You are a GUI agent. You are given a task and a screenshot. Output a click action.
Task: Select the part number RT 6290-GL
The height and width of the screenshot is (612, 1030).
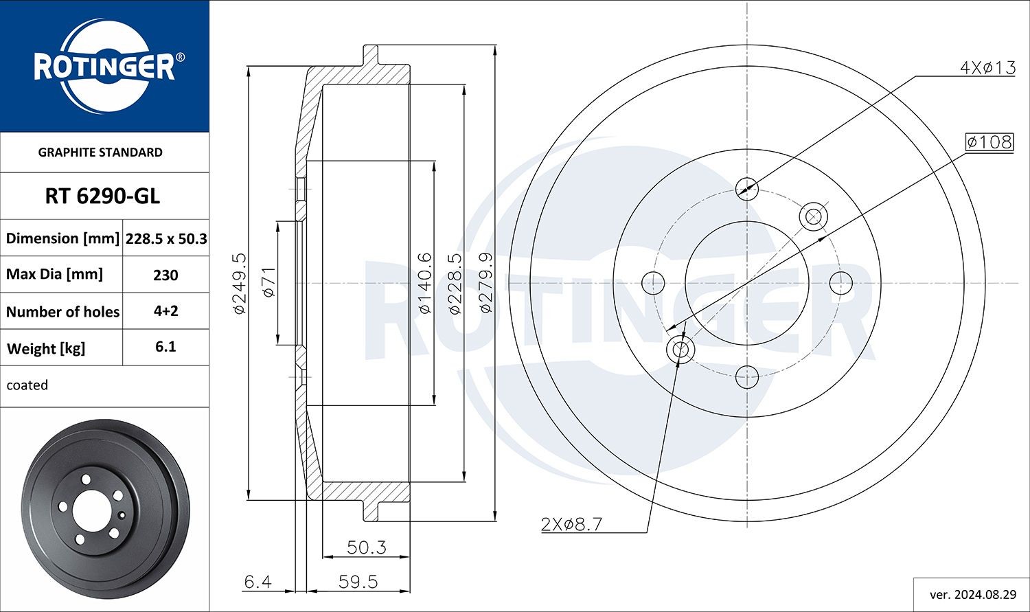pyautogui.click(x=102, y=196)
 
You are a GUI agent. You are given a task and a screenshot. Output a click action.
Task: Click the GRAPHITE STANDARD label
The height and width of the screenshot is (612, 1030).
pyautogui.click(x=100, y=152)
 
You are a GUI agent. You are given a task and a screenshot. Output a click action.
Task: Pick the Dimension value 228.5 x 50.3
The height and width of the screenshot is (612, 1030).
pyautogui.click(x=166, y=239)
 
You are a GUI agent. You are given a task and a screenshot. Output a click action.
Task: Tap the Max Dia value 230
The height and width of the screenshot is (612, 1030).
pyautogui.click(x=165, y=275)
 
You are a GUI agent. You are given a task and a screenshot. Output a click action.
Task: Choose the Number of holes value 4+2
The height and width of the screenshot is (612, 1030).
pyautogui.click(x=165, y=311)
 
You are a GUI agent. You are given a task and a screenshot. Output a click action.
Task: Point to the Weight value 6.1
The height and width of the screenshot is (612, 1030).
pyautogui.click(x=165, y=347)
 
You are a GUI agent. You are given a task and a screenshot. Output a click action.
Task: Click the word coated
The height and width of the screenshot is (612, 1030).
pyautogui.click(x=27, y=385)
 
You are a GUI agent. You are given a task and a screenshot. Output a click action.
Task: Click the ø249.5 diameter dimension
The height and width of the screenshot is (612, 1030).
pyautogui.click(x=239, y=283)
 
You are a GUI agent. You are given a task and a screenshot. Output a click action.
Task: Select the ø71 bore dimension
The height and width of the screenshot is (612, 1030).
pyautogui.click(x=268, y=282)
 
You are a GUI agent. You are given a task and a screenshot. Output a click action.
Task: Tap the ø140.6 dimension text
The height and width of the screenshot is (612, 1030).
pyautogui.click(x=424, y=283)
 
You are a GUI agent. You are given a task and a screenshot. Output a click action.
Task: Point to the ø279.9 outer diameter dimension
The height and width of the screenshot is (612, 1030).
pyautogui.click(x=485, y=283)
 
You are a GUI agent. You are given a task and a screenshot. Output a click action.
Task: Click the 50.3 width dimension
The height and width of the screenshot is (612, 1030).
pyautogui.click(x=366, y=547)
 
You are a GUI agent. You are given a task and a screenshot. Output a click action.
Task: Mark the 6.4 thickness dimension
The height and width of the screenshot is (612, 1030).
pyautogui.click(x=257, y=582)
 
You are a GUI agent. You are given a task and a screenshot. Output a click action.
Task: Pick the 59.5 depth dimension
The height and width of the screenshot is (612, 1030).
pyautogui.click(x=358, y=582)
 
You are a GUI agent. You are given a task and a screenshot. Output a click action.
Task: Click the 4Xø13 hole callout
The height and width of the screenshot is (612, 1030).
pyautogui.click(x=987, y=67)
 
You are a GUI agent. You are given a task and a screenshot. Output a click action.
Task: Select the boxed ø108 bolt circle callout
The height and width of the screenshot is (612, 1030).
pyautogui.click(x=989, y=142)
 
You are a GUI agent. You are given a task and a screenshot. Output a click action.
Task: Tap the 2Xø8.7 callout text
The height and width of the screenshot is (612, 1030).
pyautogui.click(x=571, y=525)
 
